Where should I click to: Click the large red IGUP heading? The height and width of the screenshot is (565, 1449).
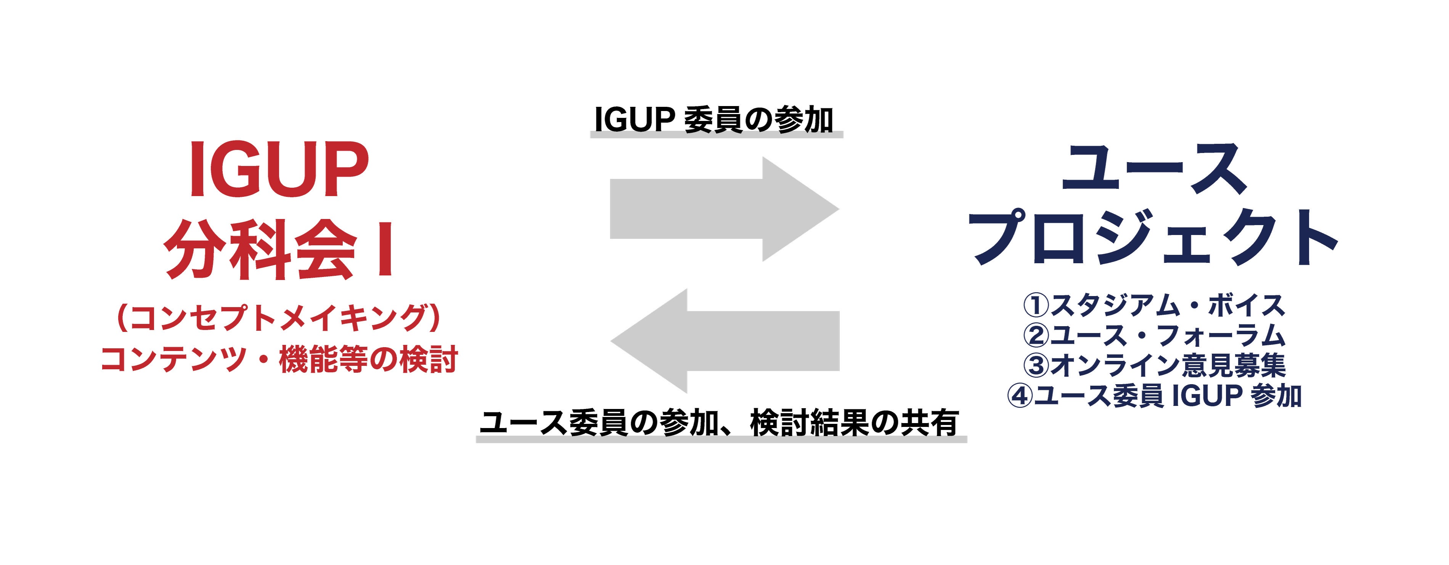point(279,169)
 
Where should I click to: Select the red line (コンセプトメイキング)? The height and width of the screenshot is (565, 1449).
point(278,319)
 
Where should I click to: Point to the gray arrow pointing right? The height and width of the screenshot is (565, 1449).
point(724,209)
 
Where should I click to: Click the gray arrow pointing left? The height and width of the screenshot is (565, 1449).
point(724,341)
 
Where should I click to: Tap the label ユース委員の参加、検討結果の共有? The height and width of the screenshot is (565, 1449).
point(719,423)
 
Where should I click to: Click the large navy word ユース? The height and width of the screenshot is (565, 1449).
point(1154,169)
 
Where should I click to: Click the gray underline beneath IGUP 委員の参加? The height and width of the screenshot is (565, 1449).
point(716,135)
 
